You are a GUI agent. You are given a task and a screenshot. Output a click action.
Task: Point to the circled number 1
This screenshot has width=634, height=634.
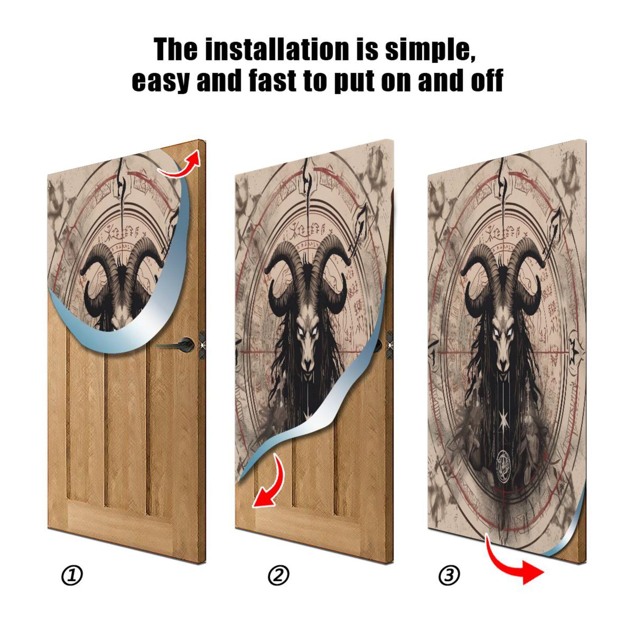[72, 575]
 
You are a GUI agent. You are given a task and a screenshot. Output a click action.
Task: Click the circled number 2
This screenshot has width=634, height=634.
[279, 575]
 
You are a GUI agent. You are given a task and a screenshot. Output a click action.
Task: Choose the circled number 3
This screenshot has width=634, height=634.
[449, 575]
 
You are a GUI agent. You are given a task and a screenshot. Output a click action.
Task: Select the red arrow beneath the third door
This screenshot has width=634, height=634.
[515, 563]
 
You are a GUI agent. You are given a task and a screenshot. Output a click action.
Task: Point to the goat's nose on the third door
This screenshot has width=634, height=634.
[503, 363]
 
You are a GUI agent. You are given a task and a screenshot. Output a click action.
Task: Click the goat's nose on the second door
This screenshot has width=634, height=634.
[307, 363]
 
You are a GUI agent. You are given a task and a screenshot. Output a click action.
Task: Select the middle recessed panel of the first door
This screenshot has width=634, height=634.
[126, 428]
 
